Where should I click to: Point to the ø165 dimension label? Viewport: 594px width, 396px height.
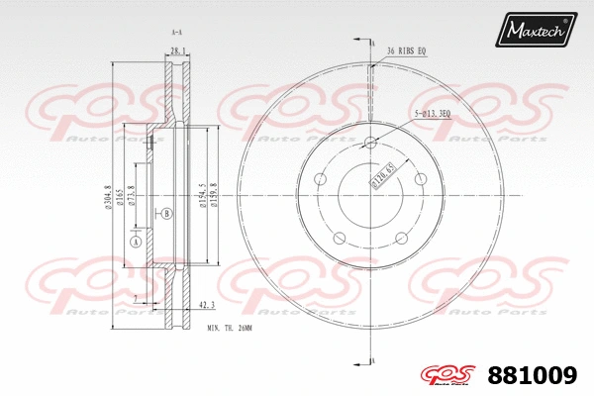(121, 199)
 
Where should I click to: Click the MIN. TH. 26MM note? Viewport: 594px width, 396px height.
(231, 327)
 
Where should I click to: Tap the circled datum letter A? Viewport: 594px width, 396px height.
(136, 242)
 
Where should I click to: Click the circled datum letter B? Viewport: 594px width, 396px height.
(166, 213)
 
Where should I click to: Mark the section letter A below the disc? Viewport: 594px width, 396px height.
(372, 358)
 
